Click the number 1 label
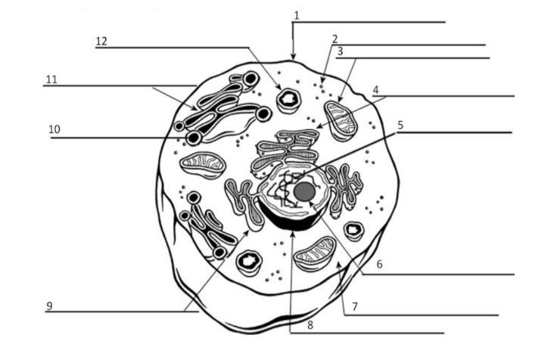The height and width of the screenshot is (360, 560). [x=297, y=15]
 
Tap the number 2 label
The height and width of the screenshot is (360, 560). [x=334, y=39]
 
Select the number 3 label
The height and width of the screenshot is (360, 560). [x=340, y=51]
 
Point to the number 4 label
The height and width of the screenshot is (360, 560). [x=375, y=89]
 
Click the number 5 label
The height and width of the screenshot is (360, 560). [x=400, y=126]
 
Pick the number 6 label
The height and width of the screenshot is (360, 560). [x=380, y=265]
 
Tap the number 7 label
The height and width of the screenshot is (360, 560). [x=355, y=306]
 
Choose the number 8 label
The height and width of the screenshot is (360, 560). [x=310, y=325]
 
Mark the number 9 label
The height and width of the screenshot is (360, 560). [x=50, y=306]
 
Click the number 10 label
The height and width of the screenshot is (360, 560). [x=54, y=129]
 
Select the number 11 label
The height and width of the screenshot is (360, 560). [x=51, y=79]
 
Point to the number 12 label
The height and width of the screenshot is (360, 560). [x=101, y=42]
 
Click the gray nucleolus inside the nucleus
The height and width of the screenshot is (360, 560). [x=304, y=192]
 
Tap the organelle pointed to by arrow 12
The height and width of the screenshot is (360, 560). [x=289, y=100]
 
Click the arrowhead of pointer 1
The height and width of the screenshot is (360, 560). [x=293, y=57]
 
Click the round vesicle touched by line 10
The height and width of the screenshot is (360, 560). [x=194, y=138]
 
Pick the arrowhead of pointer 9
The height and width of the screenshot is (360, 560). [x=247, y=233]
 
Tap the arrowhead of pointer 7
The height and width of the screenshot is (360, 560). [x=338, y=265]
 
